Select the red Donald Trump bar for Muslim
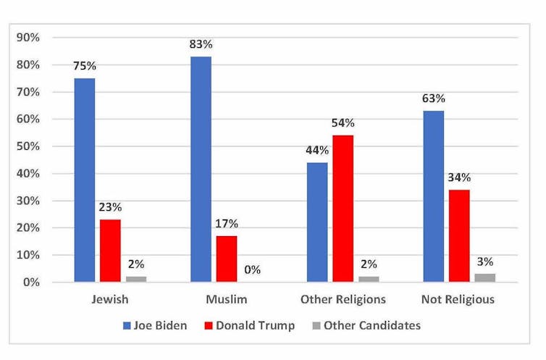(226, 259)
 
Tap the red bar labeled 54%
(343, 209)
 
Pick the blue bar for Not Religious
(433, 196)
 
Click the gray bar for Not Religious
(485, 277)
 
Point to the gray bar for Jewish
(136, 279)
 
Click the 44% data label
(316, 151)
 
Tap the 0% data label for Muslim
(252, 270)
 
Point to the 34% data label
(459, 177)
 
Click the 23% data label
(110, 206)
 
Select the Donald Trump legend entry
(250, 325)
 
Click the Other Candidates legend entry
(365, 325)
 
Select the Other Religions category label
(343, 299)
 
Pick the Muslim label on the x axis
(227, 299)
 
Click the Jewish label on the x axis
(110, 299)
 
